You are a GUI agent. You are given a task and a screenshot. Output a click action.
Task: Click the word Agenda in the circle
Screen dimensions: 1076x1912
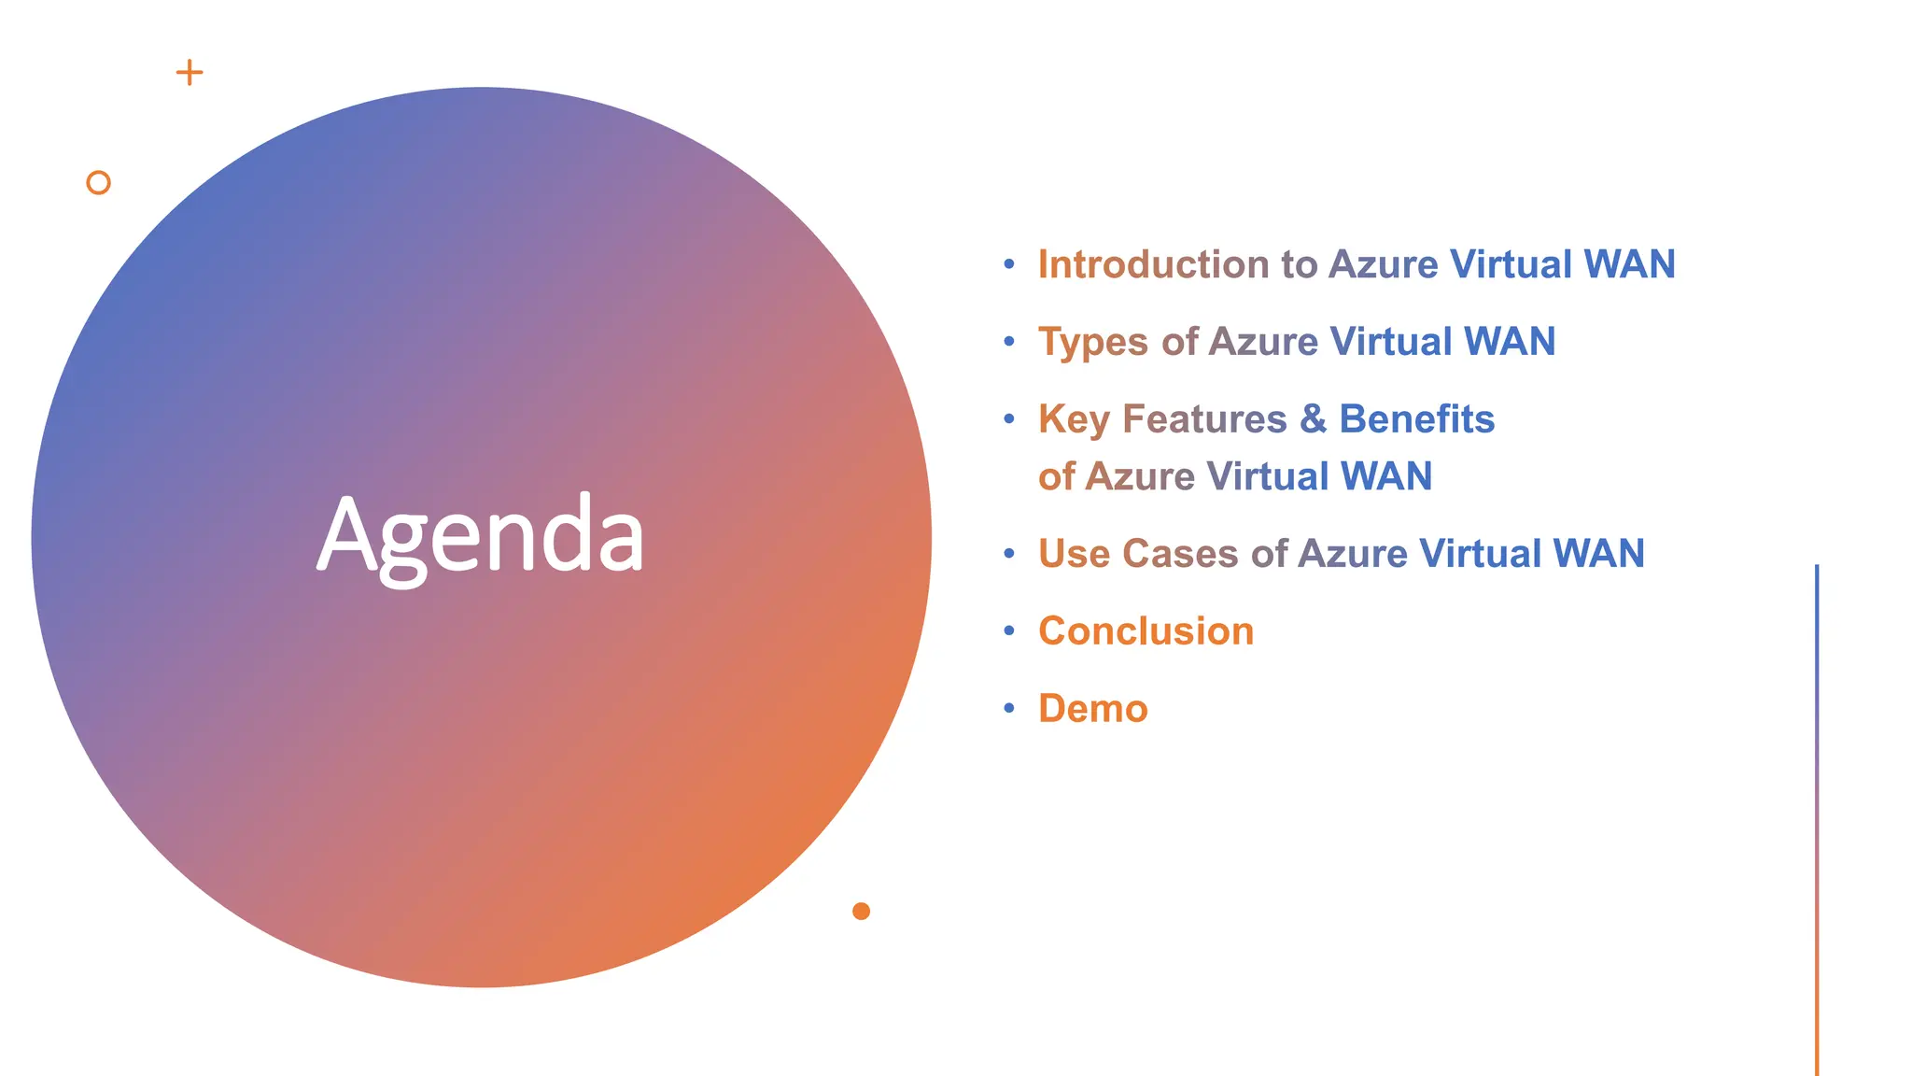(x=481, y=536)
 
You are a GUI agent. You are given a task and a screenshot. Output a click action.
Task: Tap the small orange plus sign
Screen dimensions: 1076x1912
(x=190, y=73)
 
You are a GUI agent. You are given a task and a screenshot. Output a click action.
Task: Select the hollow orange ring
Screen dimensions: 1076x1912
(x=98, y=182)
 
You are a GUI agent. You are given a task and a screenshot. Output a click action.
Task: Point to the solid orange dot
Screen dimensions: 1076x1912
(x=861, y=911)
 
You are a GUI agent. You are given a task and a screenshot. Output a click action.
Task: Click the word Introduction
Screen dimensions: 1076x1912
(x=1153, y=264)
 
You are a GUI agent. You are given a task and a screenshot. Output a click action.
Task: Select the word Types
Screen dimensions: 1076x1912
(x=1093, y=342)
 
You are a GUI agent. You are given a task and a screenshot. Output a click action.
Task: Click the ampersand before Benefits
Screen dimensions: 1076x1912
(x=1313, y=418)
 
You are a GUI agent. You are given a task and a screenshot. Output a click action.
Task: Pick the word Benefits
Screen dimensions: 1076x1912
(x=1416, y=418)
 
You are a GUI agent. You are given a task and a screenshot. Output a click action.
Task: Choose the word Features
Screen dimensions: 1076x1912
(x=1204, y=418)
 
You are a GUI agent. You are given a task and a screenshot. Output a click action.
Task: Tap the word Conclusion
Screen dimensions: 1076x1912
(x=1146, y=631)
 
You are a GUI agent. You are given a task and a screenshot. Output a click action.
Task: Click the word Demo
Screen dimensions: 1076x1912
(x=1092, y=709)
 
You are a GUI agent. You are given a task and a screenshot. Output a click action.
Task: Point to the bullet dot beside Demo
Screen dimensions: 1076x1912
(x=1008, y=708)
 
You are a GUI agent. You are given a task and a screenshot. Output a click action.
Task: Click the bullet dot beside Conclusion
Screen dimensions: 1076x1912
(x=1008, y=630)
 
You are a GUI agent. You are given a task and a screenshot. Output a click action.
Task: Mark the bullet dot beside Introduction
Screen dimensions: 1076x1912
(x=1008, y=264)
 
